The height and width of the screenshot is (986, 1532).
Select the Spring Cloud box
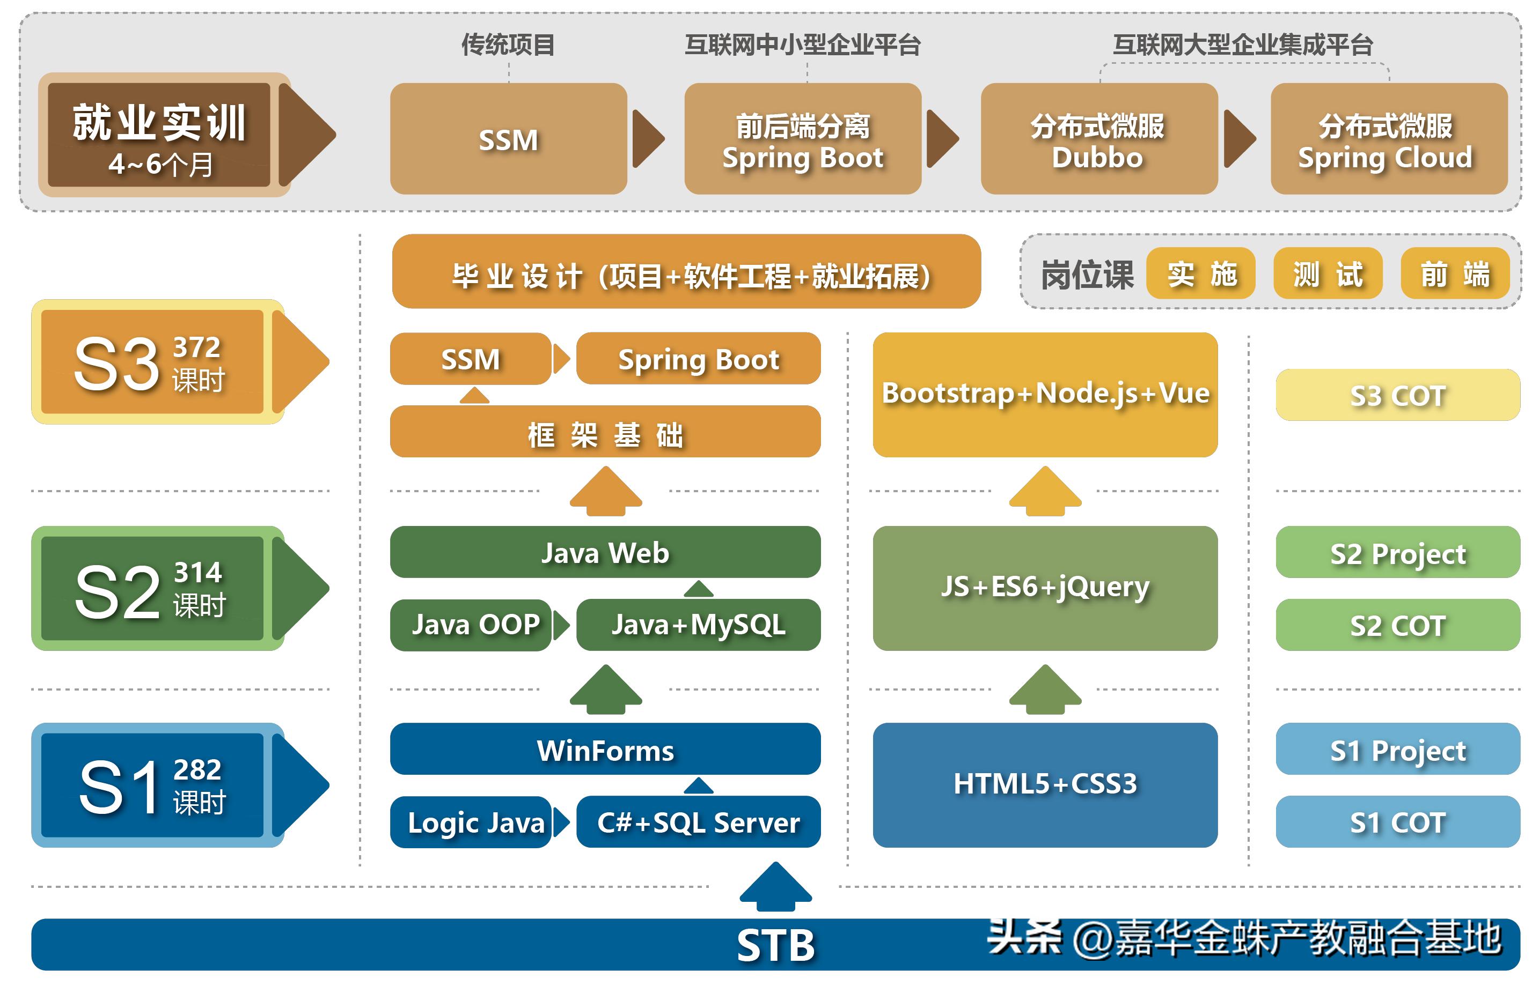click(1387, 139)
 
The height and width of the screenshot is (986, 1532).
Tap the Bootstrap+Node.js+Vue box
click(1044, 394)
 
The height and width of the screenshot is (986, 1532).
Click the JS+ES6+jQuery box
click(1044, 587)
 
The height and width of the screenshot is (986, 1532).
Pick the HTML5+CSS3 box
click(1044, 784)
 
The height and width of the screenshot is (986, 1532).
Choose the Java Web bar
click(604, 552)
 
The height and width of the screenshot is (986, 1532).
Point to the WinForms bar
click(604, 749)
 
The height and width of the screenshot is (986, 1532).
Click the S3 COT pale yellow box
click(1397, 395)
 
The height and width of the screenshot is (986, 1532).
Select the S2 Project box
click(1397, 552)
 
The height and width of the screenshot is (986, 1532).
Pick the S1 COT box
click(1397, 821)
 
